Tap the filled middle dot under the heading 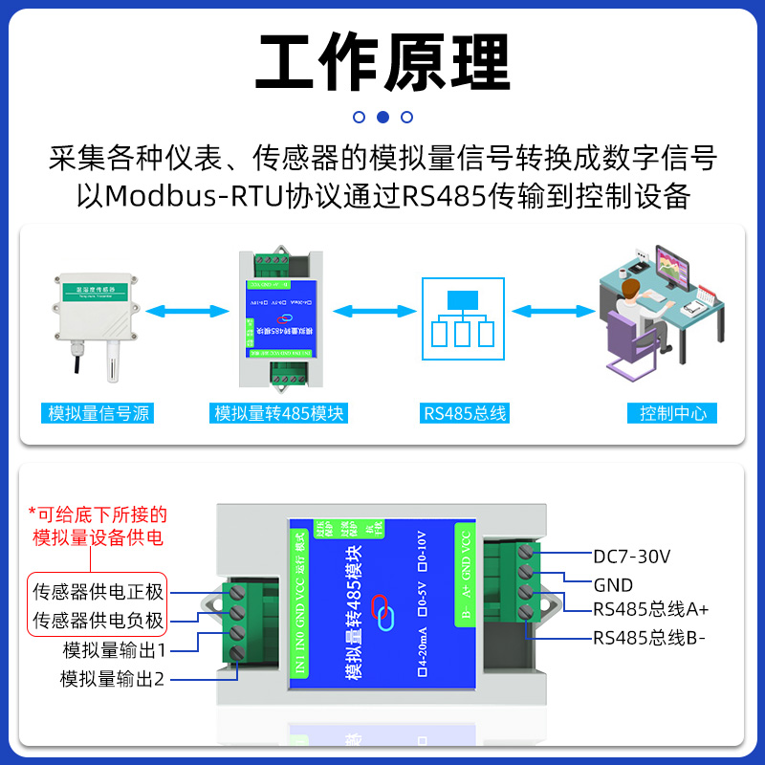(382, 118)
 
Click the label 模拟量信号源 (100, 414)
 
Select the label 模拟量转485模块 (279, 414)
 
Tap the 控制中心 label (673, 414)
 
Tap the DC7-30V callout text (631, 557)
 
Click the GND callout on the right (613, 584)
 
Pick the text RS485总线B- (648, 638)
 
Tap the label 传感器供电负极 (99, 620)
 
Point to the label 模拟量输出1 (115, 650)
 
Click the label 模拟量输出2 (114, 680)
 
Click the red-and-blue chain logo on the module (382, 612)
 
